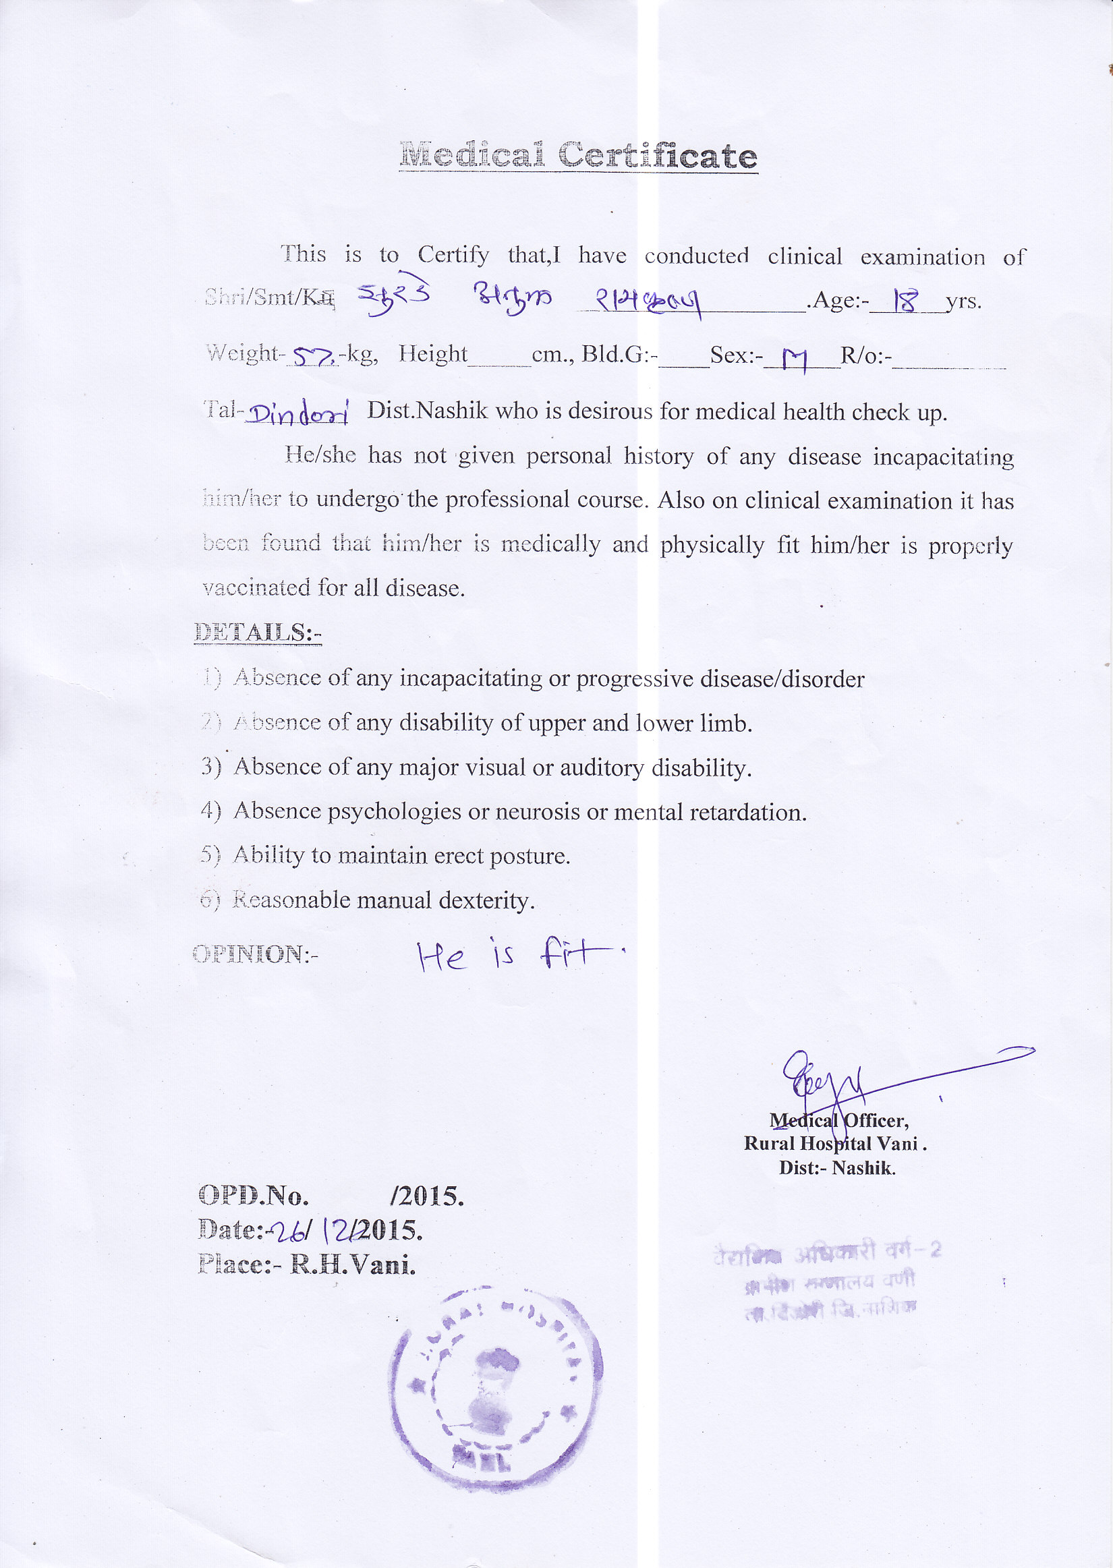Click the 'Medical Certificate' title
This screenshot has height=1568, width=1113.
click(x=577, y=156)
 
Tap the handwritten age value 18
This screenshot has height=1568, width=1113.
click(x=905, y=301)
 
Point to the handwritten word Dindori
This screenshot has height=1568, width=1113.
click(x=297, y=413)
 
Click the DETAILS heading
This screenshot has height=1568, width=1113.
click(x=258, y=633)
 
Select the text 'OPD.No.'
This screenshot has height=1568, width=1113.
click(x=253, y=1196)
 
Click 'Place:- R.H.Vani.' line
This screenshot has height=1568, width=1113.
click(x=306, y=1265)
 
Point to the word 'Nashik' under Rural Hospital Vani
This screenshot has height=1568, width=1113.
click(x=863, y=1168)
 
